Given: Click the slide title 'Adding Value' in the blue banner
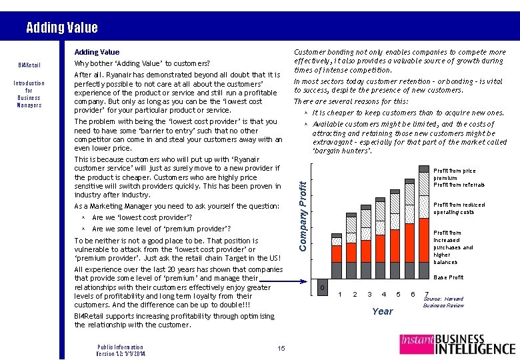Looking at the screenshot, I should pyautogui.click(x=61, y=27).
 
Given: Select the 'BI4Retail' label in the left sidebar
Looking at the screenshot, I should pyautogui.click(x=29, y=65).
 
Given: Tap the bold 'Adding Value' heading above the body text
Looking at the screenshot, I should pyautogui.click(x=97, y=52).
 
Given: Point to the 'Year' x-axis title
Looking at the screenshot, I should pyautogui.click(x=383, y=311).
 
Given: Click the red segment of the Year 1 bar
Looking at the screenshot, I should pyautogui.click(x=336, y=253).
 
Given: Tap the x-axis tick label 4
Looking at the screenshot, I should pyautogui.click(x=383, y=294).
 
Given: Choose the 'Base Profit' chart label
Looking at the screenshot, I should pyautogui.click(x=448, y=277).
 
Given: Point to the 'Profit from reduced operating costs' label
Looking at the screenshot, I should pyautogui.click(x=459, y=209).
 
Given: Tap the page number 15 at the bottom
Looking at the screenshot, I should pyautogui.click(x=281, y=348).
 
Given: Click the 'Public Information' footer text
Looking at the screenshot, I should pyautogui.click(x=120, y=347).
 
